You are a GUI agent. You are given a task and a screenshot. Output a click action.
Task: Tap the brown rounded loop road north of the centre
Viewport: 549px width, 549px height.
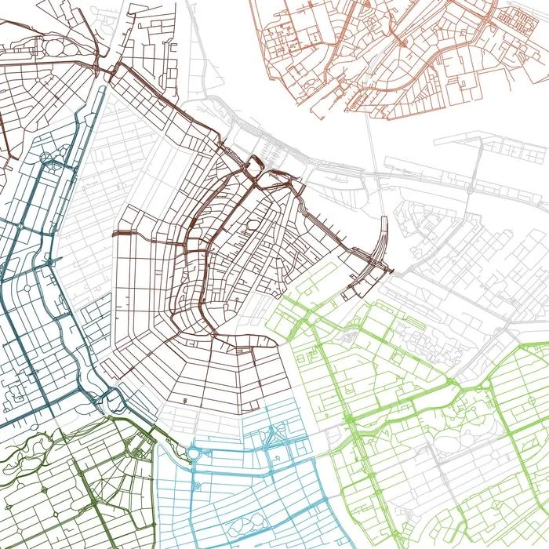click(255, 167)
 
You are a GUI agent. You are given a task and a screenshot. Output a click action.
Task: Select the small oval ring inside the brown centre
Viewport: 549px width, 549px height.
click(253, 227)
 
